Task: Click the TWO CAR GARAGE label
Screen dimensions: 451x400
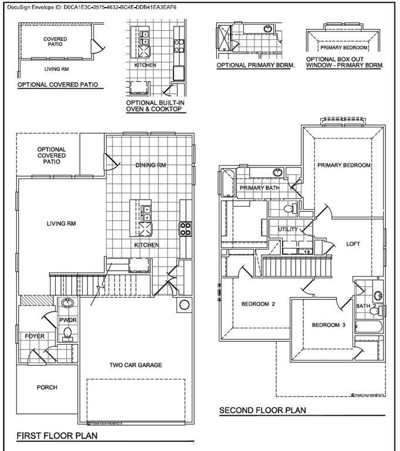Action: (x=135, y=365)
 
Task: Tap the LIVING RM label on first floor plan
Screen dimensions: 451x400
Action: (x=62, y=224)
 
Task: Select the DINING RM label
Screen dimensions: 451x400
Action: (x=150, y=166)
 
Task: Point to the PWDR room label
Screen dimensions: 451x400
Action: (x=69, y=320)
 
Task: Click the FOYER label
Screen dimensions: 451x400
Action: (x=34, y=336)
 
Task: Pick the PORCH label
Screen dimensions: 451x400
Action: (x=47, y=388)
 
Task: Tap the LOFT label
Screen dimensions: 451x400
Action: (x=353, y=244)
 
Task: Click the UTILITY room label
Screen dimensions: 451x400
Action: (x=288, y=230)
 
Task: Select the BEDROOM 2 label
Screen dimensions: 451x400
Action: (x=258, y=304)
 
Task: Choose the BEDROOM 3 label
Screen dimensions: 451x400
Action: (x=328, y=325)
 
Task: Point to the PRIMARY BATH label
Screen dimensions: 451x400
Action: (x=259, y=188)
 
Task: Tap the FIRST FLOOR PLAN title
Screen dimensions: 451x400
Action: (x=56, y=436)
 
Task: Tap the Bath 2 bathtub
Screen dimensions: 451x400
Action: (x=368, y=326)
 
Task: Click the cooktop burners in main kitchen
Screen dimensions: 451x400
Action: (x=186, y=228)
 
